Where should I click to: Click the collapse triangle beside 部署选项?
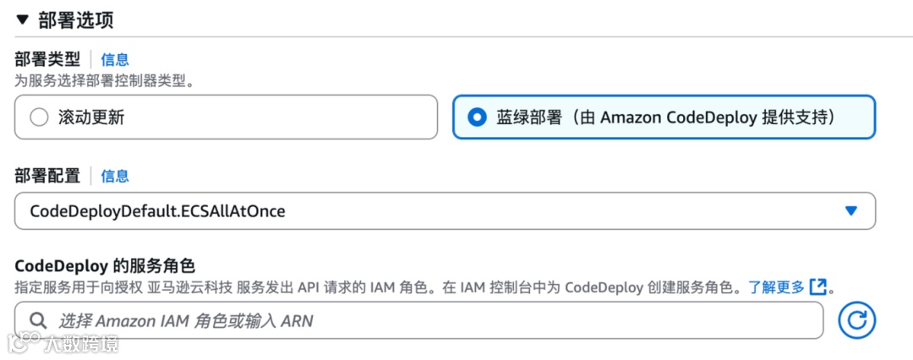pyautogui.click(x=23, y=19)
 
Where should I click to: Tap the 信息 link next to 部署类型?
pyautogui.click(x=115, y=59)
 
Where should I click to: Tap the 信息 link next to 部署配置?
pyautogui.click(x=115, y=176)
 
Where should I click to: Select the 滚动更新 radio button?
pyautogui.click(x=40, y=117)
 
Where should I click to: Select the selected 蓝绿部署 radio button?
pyautogui.click(x=478, y=117)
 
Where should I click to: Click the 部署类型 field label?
pyautogui.click(x=47, y=59)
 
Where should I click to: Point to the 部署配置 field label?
pyautogui.click(x=47, y=176)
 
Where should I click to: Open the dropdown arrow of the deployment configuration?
pyautogui.click(x=850, y=211)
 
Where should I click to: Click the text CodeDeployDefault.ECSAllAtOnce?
pyautogui.click(x=157, y=211)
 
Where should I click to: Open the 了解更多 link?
pyautogui.click(x=776, y=286)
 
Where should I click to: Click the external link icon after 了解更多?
pyautogui.click(x=817, y=286)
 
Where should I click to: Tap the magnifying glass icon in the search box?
pyautogui.click(x=38, y=321)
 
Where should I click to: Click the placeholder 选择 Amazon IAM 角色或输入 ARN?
pyautogui.click(x=186, y=321)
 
